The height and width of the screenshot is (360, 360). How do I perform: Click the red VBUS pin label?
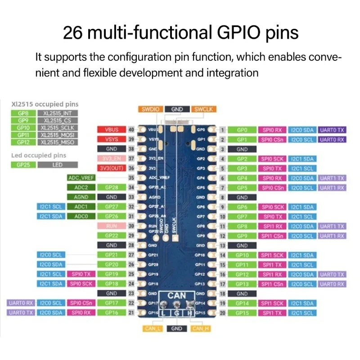(x=111, y=130)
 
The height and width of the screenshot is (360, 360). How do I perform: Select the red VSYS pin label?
(x=111, y=139)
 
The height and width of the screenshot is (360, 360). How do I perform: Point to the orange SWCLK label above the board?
(x=205, y=109)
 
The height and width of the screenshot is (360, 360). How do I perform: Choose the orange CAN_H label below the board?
(x=201, y=328)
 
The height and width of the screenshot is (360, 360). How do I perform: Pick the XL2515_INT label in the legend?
(x=57, y=113)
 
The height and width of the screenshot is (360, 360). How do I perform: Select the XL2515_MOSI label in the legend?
(x=57, y=135)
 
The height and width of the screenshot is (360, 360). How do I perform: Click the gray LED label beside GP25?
(x=57, y=165)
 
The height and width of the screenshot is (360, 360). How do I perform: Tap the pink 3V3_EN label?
(x=111, y=158)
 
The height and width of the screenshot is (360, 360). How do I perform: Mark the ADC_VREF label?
(x=81, y=178)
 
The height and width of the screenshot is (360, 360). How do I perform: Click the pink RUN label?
(x=111, y=226)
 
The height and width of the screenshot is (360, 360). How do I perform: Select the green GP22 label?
(x=111, y=236)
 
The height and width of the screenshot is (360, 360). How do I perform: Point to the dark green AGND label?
(x=81, y=197)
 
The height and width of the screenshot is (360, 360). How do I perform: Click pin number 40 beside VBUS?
(x=131, y=130)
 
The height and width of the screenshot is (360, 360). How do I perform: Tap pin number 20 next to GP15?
(x=222, y=313)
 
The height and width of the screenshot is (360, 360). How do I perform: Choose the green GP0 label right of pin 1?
(x=242, y=130)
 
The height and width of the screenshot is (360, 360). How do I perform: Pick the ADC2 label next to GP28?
(x=81, y=187)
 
